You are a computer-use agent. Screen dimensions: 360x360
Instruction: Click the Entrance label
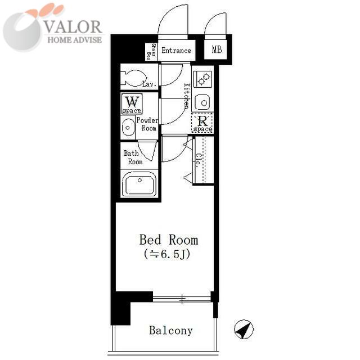coord(176,50)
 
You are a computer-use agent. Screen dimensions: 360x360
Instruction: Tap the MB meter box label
coord(217,49)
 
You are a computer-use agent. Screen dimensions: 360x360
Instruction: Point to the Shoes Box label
coord(151,51)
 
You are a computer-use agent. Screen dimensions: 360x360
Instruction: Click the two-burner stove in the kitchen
coord(202,79)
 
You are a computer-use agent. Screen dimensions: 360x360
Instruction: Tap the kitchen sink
coord(202,102)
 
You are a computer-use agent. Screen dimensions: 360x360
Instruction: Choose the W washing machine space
coord(132,103)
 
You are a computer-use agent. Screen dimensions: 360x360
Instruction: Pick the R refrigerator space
coord(202,123)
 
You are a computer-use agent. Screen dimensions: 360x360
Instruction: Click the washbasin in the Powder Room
coord(128,128)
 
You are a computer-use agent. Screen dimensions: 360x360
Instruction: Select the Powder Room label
coord(147,124)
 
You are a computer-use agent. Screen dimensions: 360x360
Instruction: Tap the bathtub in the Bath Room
coord(139,184)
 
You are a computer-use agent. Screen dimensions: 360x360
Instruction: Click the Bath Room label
coord(133,157)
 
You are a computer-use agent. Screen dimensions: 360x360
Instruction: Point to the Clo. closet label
coord(197,160)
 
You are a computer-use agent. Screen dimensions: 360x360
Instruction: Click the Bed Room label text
coord(169,240)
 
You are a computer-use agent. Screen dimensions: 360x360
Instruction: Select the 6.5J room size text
coord(167,254)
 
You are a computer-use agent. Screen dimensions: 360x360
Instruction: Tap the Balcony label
coord(171,331)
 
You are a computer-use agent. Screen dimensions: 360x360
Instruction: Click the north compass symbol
coord(244,329)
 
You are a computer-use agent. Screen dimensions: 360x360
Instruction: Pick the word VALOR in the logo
coord(73,26)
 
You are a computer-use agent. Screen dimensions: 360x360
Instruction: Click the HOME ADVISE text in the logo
coord(75,40)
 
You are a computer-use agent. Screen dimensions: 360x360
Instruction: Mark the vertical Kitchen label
coord(187,96)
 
